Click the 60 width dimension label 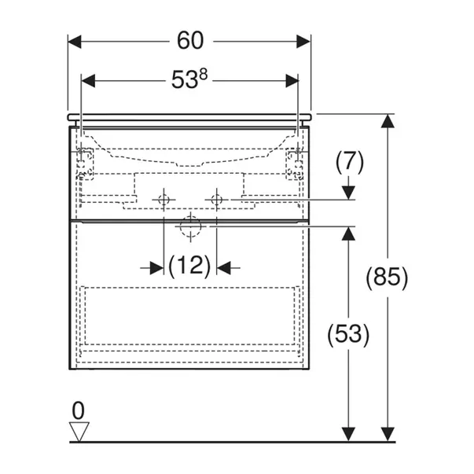pos(190,39)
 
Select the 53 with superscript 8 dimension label pos(190,79)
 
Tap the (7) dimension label pos(349,163)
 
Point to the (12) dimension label pos(189,267)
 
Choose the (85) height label pos(387,277)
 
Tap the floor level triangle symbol pos(79,431)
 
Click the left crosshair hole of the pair pos(164,200)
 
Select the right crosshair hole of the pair pos(218,200)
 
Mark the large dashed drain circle pos(190,226)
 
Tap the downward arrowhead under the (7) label pos(349,192)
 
